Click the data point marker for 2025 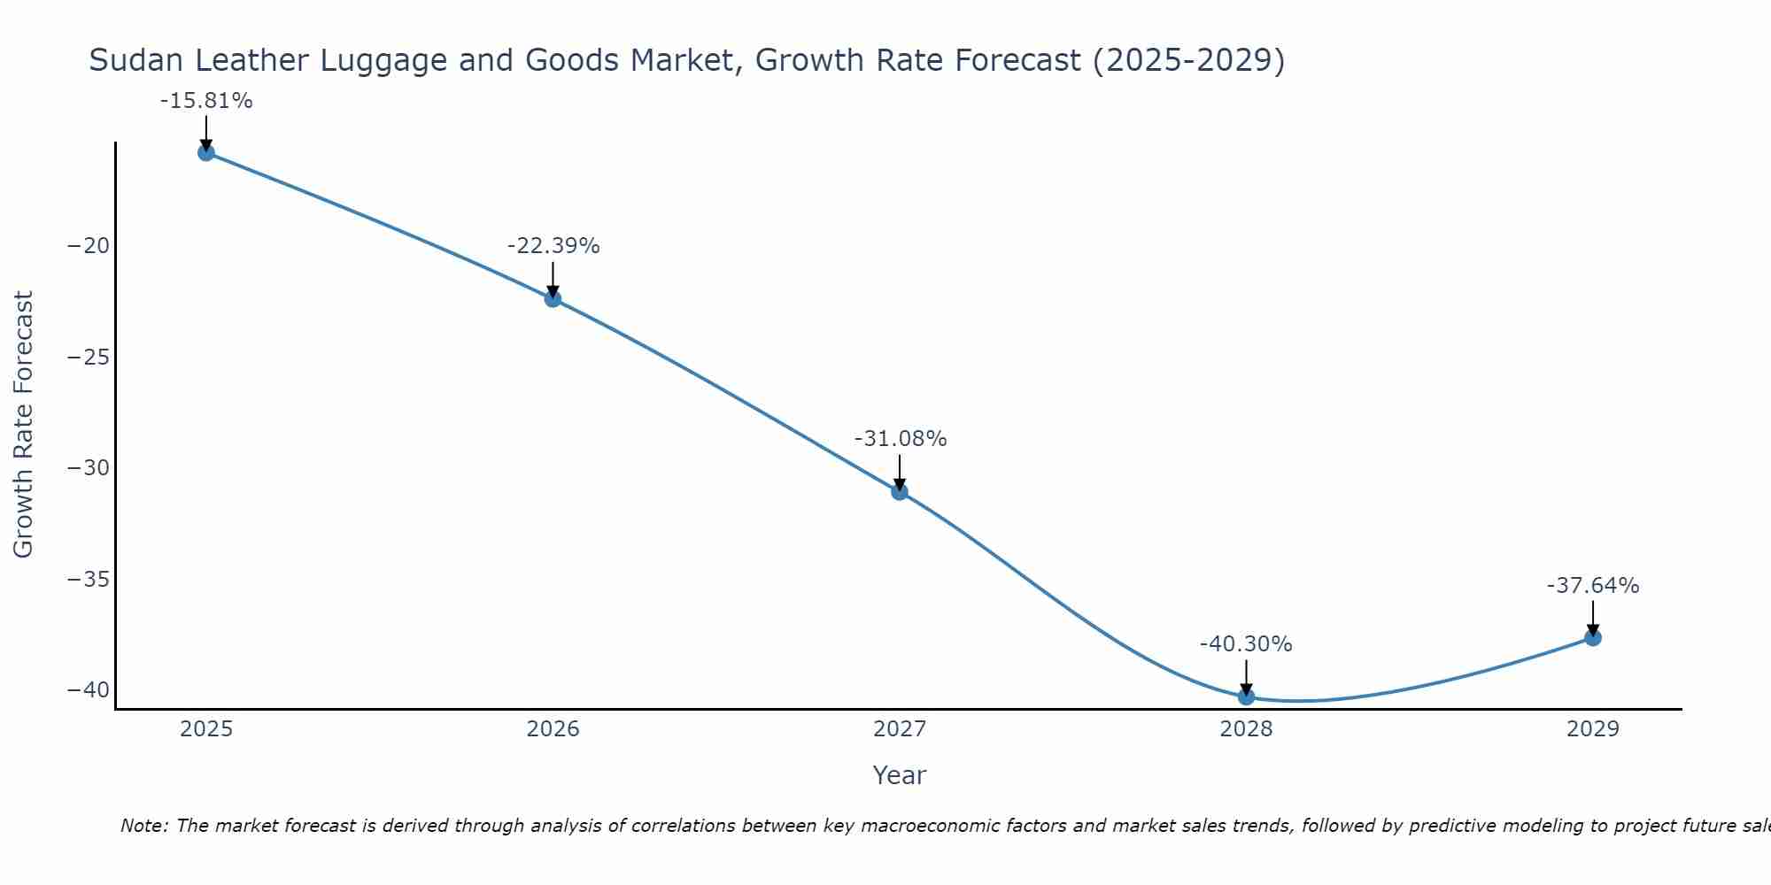[x=206, y=152]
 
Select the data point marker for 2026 [x=553, y=298]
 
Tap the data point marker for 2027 [x=900, y=491]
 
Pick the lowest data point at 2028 [x=1246, y=696]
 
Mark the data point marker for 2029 [x=1593, y=637]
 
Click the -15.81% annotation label [x=206, y=101]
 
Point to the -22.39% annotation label [x=553, y=246]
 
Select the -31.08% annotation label [x=901, y=439]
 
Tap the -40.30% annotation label [x=1246, y=644]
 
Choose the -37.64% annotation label [x=1593, y=586]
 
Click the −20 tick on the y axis [x=89, y=246]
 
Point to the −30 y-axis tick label [x=89, y=468]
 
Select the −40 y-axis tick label [x=89, y=690]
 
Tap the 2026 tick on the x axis [x=553, y=729]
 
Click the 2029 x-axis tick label [x=1593, y=729]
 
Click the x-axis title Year [x=899, y=775]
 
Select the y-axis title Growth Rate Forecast [x=24, y=424]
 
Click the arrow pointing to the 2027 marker [x=900, y=472]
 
